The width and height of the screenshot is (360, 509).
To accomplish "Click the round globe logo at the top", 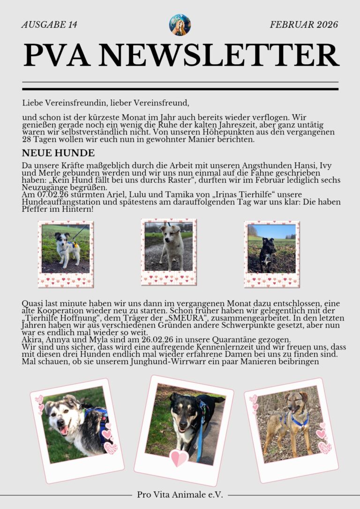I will pos(180,25).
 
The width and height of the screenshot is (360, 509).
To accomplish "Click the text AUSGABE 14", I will pos(49,25).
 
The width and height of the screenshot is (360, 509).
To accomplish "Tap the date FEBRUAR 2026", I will pos(304,25).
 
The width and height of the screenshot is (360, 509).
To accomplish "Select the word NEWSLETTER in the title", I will pos(219,55).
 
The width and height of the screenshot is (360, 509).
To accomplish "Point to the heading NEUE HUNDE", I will pos(58,153).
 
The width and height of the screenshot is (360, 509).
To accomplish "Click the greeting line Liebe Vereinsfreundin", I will pos(105,102).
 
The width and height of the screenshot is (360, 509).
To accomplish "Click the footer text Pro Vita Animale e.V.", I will pos(180,494).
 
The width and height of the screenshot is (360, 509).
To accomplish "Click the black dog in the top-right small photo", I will pos(268,253).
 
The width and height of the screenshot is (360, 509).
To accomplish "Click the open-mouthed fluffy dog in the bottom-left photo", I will pos(70,419).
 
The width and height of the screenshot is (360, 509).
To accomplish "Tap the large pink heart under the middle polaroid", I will pos(179,457).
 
